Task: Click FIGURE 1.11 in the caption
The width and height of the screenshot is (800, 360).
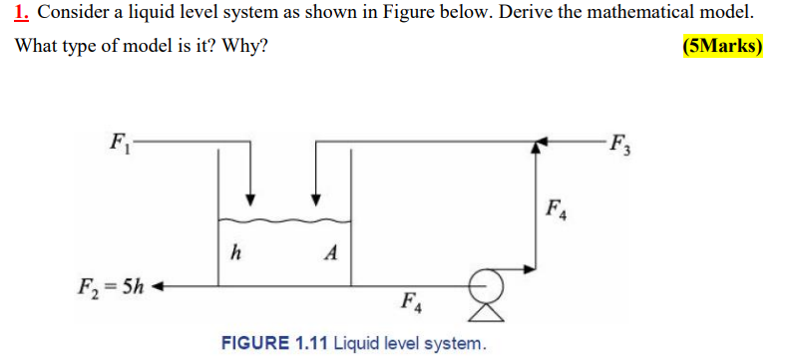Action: (273, 344)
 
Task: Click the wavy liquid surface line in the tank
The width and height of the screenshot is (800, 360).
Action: (284, 219)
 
